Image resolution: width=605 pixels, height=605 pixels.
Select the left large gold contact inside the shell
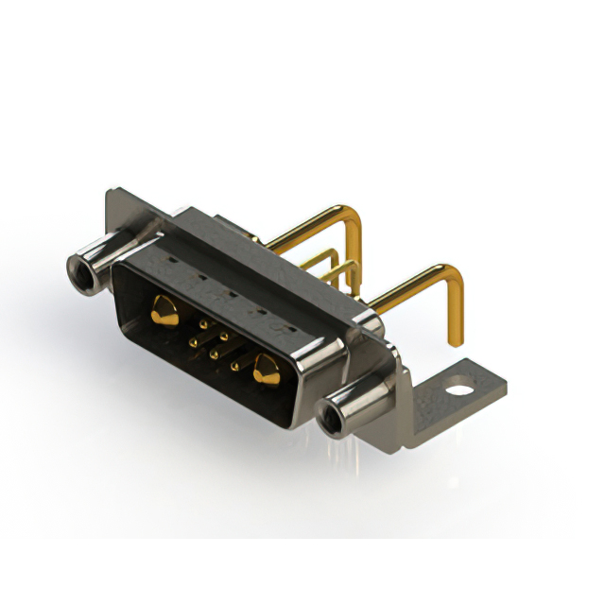(x=164, y=311)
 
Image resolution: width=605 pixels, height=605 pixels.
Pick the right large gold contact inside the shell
(x=266, y=371)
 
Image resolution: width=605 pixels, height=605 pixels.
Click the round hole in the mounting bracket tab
(x=458, y=388)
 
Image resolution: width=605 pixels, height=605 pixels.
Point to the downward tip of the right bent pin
(x=455, y=337)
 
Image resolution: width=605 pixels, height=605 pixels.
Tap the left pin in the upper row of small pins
(x=203, y=323)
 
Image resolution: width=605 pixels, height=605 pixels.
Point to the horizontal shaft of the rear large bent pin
(x=307, y=226)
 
